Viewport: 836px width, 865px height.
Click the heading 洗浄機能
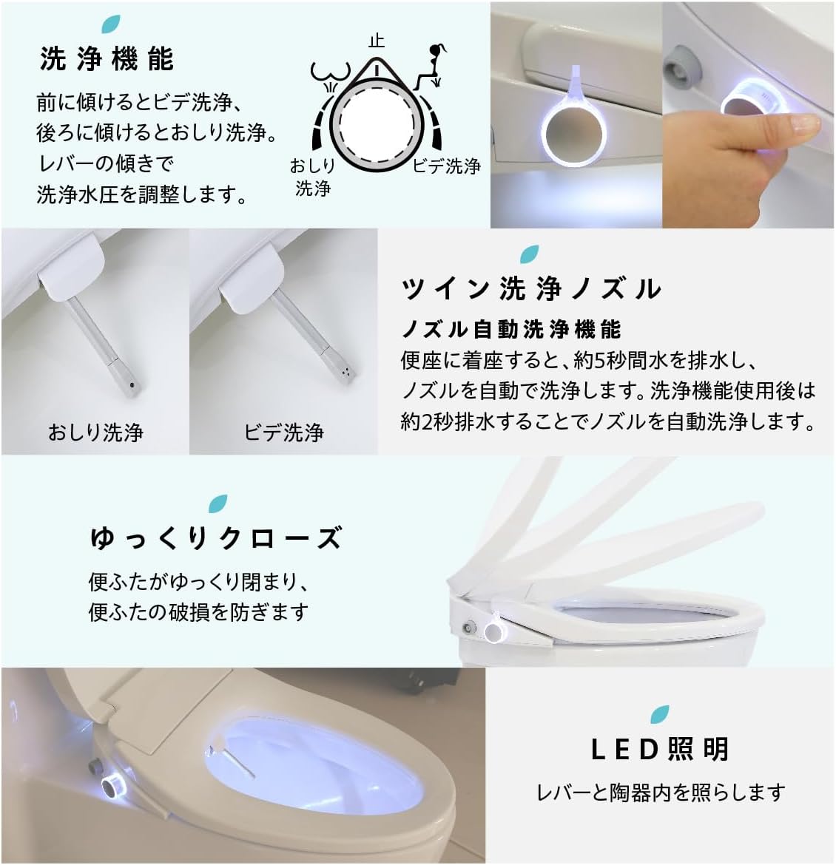(107, 59)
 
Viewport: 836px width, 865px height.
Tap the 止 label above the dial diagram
(377, 41)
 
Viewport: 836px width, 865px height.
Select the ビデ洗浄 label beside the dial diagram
(446, 166)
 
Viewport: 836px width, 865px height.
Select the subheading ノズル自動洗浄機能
(511, 328)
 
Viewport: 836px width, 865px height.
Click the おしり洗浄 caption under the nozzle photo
(95, 432)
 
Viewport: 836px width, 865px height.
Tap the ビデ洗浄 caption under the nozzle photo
(284, 432)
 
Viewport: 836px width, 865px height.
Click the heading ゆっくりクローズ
(215, 538)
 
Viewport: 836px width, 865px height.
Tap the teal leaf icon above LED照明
(660, 713)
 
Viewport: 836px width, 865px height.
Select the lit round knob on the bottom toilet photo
(112, 786)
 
